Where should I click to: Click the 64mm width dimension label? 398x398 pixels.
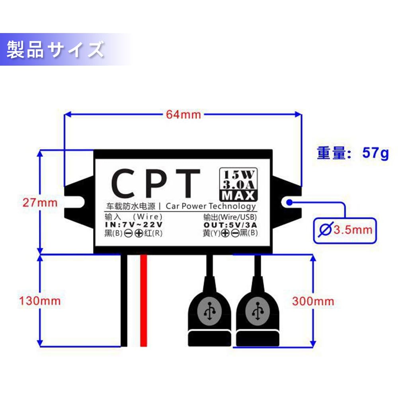click(183, 115)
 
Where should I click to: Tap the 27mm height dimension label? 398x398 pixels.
click(40, 203)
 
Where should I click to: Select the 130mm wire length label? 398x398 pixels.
click(40, 301)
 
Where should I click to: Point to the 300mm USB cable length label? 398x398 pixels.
click(313, 301)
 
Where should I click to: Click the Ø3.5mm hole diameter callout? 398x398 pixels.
click(345, 230)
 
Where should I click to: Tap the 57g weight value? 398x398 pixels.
click(375, 153)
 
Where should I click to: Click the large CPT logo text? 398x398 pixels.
click(155, 183)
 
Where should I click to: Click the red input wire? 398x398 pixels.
click(144, 300)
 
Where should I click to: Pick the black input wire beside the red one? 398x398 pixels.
click(124, 300)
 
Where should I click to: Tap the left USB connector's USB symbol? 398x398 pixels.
click(210, 311)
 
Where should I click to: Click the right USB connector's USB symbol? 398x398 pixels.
click(258, 311)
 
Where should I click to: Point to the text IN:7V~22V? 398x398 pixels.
click(134, 224)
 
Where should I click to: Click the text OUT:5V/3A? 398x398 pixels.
click(230, 225)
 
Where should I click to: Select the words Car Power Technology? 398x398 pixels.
click(211, 206)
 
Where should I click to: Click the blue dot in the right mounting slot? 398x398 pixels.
click(290, 202)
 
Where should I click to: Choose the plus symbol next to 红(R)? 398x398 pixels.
click(139, 233)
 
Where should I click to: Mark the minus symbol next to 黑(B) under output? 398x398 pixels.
click(235, 233)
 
